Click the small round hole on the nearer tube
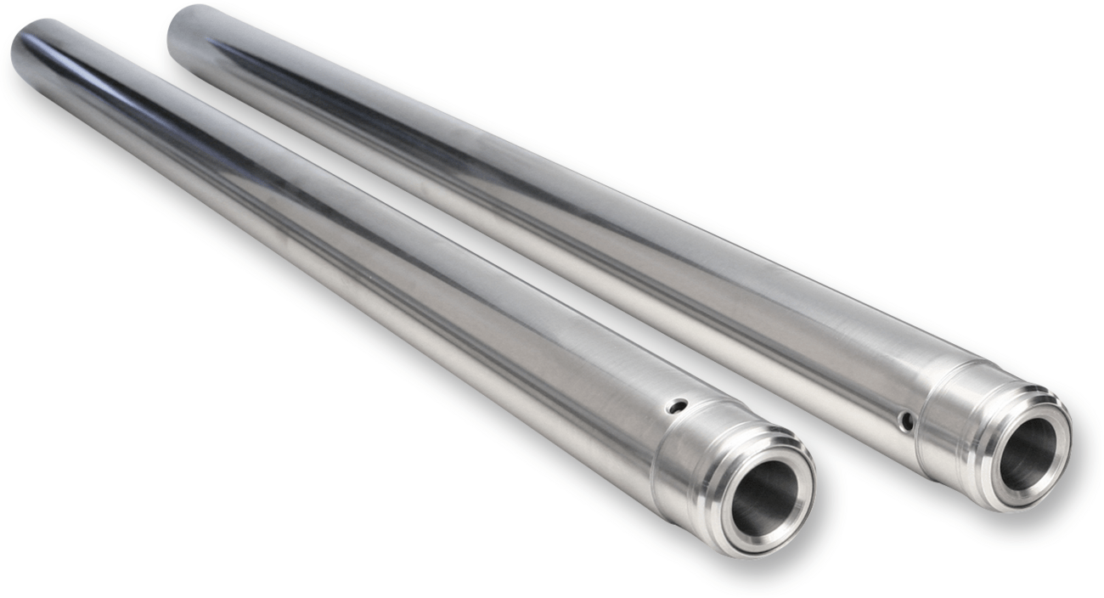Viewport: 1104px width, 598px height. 676,406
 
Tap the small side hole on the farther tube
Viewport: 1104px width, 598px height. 908,420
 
